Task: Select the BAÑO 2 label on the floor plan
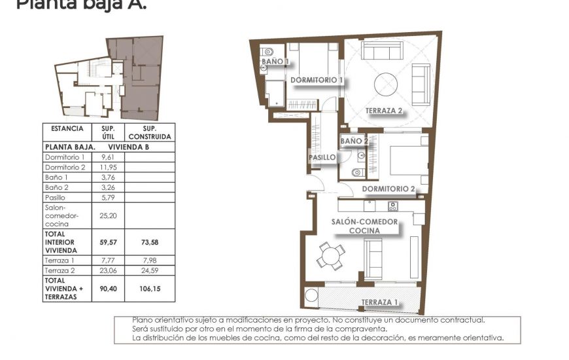pos(354,141)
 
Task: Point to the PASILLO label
pos(322,158)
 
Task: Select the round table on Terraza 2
pos(386,84)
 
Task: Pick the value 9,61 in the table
pos(107,158)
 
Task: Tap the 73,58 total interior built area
pos(150,242)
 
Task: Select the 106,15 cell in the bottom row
pos(150,289)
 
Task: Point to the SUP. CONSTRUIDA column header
pos(150,133)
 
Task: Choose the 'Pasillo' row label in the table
pos(55,197)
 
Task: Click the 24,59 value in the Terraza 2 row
pos(150,270)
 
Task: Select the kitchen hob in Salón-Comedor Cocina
pos(392,207)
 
